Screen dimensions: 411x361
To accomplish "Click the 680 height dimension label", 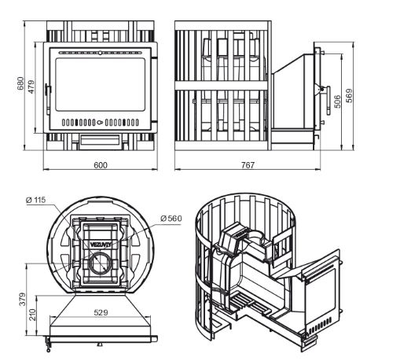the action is pos(20,83).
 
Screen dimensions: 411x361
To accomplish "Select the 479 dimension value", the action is pos(31,87).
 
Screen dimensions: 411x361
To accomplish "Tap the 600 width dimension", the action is pos(101,165).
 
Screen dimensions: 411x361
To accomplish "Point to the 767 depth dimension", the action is pos(248,165).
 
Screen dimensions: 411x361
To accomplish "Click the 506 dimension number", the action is pos(338,101).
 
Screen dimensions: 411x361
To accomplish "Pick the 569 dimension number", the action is pos(350,95).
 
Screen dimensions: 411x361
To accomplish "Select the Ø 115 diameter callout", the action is pos(36,200).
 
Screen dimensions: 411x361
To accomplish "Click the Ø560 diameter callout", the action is pos(171,219).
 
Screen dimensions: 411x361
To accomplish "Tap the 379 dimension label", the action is pos(23,299).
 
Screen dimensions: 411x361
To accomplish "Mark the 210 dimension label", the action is pos(32,315).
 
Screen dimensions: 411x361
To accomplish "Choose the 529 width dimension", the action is pos(101,312).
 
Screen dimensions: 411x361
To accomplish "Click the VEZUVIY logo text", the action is pos(101,245).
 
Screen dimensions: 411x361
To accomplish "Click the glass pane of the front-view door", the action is pos(100,84).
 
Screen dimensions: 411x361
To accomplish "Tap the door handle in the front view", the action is pos(47,99).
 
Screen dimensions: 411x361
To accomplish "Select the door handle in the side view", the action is pos(328,101).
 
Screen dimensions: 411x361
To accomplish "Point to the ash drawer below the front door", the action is pos(100,142).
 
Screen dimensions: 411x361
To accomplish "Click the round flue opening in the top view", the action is pos(101,263).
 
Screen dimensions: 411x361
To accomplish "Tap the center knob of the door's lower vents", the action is pos(100,122).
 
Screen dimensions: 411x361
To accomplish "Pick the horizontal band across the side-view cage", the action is pos(221,86).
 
